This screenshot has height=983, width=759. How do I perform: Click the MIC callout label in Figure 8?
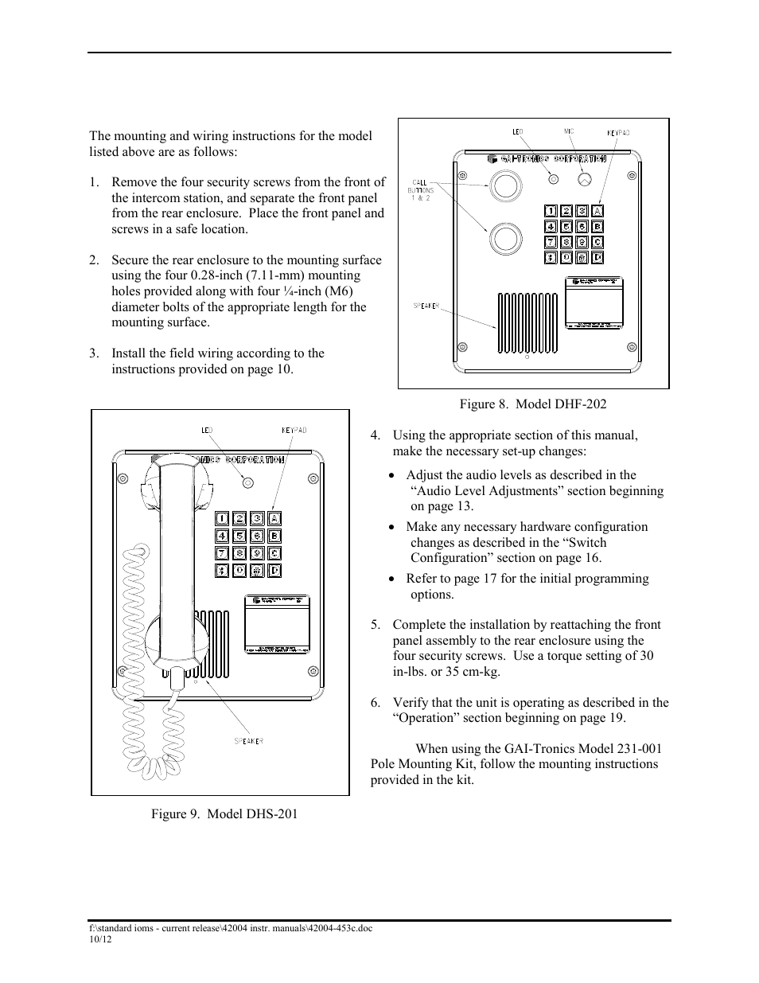pyautogui.click(x=569, y=131)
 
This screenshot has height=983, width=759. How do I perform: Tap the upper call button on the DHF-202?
pyautogui.click(x=504, y=185)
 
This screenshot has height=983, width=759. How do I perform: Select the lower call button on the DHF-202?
pyautogui.click(x=504, y=238)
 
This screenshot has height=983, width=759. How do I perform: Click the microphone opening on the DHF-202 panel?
pyautogui.click(x=585, y=180)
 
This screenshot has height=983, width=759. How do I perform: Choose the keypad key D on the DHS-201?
pyautogui.click(x=274, y=571)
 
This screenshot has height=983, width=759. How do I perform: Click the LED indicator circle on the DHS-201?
pyautogui.click(x=247, y=482)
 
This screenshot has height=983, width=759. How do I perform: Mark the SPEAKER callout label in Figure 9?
pyautogui.click(x=247, y=741)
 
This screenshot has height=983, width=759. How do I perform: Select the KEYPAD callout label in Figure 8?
pyautogui.click(x=618, y=133)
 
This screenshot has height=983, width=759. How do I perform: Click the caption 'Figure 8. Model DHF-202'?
pyautogui.click(x=532, y=404)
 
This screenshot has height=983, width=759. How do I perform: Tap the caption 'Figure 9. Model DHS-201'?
pyautogui.click(x=225, y=813)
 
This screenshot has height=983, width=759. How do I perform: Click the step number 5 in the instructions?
pyautogui.click(x=376, y=625)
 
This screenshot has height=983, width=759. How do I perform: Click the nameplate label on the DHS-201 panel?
pyautogui.click(x=276, y=625)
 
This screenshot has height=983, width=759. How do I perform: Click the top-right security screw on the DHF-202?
pyautogui.click(x=631, y=174)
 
